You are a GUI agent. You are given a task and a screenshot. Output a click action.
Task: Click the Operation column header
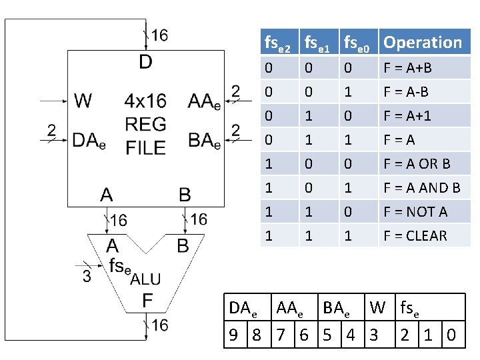[423, 43]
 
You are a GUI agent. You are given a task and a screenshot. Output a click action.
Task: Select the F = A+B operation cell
[407, 68]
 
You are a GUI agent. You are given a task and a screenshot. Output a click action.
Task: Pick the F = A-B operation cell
[405, 92]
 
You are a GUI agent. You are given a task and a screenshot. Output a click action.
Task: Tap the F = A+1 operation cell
[407, 116]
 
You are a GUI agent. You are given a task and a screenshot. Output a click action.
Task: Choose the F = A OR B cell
[417, 164]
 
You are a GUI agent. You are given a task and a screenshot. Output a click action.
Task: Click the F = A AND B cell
[421, 188]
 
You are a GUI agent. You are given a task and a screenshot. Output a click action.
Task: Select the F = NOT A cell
[415, 212]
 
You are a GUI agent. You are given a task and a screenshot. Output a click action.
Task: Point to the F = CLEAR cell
[415, 236]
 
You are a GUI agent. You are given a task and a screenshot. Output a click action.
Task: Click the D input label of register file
[145, 63]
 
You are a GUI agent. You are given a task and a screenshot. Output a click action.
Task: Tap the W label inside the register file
[83, 101]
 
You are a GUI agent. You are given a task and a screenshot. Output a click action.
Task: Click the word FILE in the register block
[145, 147]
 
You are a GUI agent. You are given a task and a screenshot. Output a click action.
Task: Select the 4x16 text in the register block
[145, 101]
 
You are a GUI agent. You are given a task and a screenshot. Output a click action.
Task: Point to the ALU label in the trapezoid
[145, 279]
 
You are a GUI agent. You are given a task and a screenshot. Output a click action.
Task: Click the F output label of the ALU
[147, 301]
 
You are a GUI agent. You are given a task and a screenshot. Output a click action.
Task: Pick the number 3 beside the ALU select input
[87, 276]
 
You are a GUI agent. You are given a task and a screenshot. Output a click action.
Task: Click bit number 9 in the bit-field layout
[234, 334]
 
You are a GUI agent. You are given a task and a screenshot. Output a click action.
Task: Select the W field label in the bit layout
[377, 308]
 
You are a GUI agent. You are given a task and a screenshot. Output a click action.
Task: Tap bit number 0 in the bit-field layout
[452, 334]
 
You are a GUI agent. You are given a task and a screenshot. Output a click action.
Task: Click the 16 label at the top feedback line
[159, 35]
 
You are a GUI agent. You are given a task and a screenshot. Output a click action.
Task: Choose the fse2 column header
[277, 44]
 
